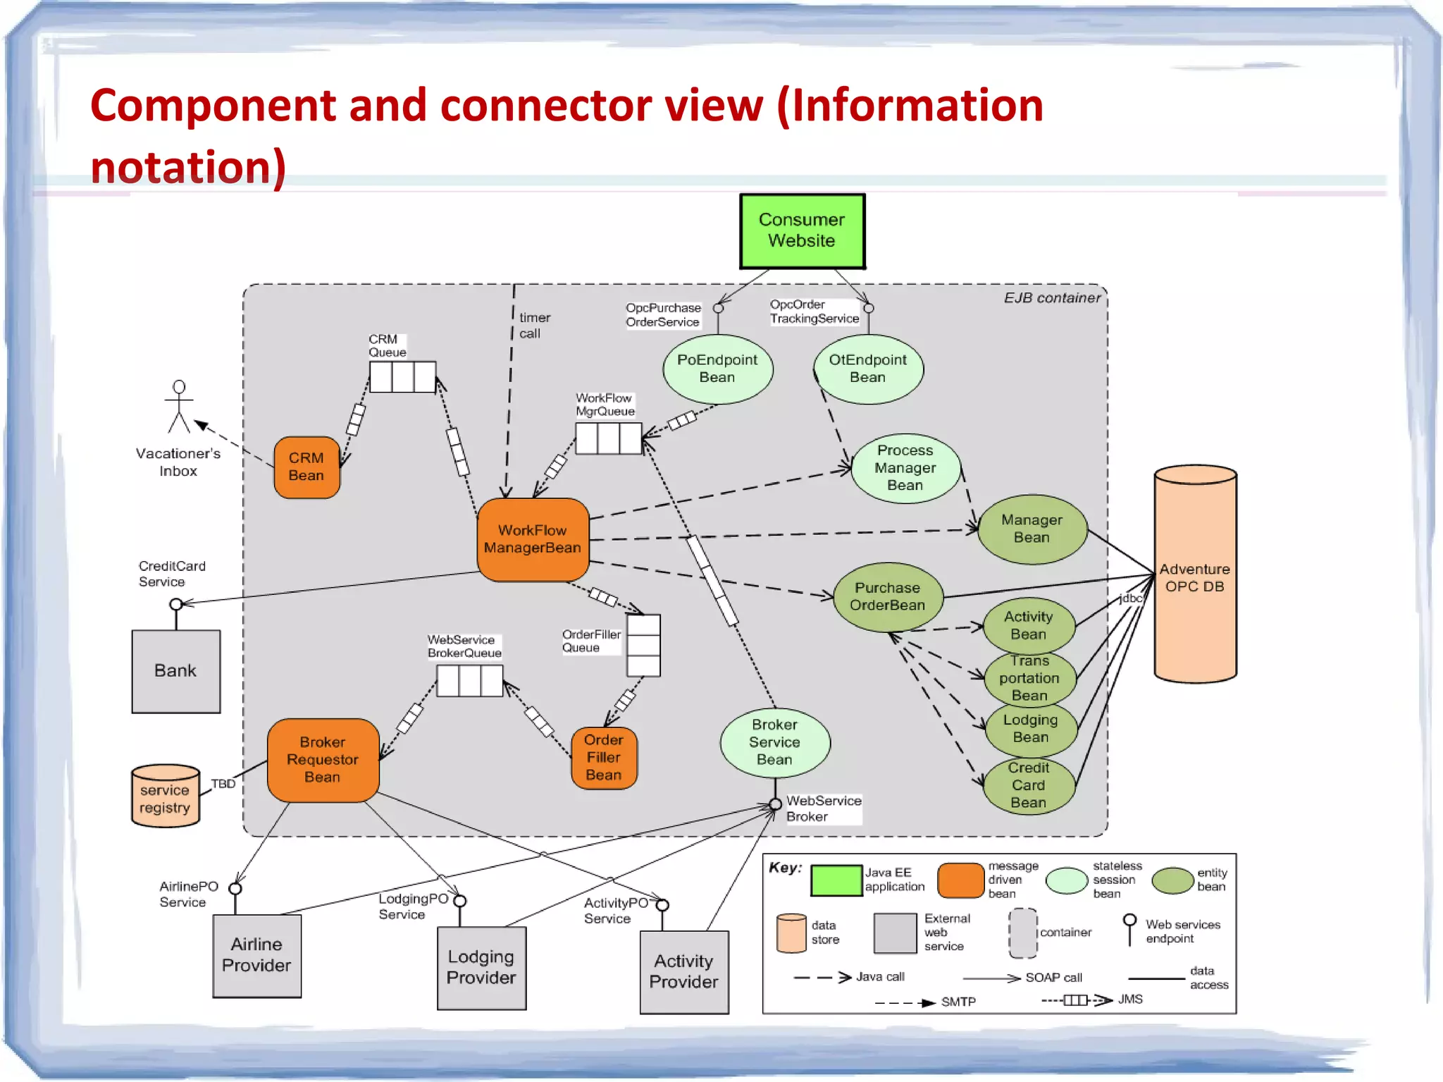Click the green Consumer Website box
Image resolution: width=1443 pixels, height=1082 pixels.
(802, 231)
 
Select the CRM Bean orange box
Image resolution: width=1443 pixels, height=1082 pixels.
(306, 467)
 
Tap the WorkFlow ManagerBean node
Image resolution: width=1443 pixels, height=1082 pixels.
(533, 539)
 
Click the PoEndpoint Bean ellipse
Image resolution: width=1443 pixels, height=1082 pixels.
(717, 369)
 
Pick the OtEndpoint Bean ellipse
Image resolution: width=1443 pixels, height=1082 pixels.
(867, 369)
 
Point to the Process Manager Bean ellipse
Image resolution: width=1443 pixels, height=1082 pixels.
(905, 468)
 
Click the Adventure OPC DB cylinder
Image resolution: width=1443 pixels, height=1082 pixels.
(1195, 574)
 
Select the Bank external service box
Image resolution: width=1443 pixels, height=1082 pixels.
(175, 671)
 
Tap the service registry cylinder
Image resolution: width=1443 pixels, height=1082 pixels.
(165, 797)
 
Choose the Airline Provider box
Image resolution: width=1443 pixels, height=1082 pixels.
(256, 956)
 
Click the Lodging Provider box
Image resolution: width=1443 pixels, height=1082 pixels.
(481, 968)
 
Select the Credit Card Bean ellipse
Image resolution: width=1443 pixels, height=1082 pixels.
(1029, 785)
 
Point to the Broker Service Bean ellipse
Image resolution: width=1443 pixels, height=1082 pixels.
(774, 742)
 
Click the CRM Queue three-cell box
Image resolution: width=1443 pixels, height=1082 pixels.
(402, 377)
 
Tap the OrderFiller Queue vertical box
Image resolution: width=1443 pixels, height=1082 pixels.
(643, 646)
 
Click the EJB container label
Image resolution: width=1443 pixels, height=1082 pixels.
(1051, 298)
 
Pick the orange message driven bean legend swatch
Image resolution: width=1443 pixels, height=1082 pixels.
(960, 880)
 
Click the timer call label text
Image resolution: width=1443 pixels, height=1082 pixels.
(534, 326)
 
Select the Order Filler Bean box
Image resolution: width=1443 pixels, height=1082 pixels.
(604, 758)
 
